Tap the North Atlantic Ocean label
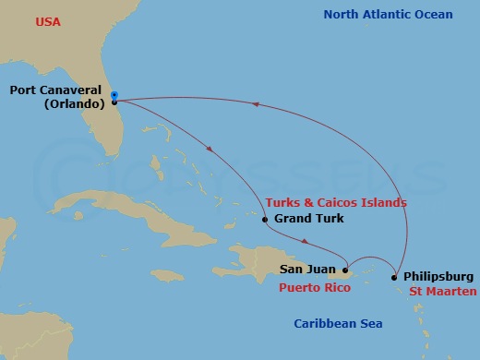click(388, 14)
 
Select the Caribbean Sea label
click(338, 323)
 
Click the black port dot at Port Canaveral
click(114, 102)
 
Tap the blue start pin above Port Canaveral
click(114, 94)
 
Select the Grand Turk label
click(309, 219)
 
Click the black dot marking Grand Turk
click(265, 220)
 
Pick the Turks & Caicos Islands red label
click(335, 202)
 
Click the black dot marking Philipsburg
click(394, 277)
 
